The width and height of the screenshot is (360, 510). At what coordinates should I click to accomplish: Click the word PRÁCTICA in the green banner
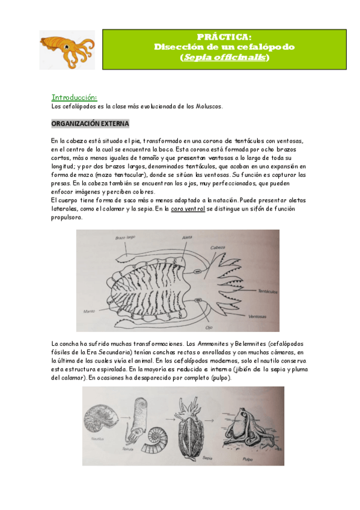tap(224, 37)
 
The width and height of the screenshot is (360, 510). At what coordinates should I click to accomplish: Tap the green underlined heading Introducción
tap(74, 97)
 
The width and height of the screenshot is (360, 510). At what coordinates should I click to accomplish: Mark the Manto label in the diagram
tap(89, 311)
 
